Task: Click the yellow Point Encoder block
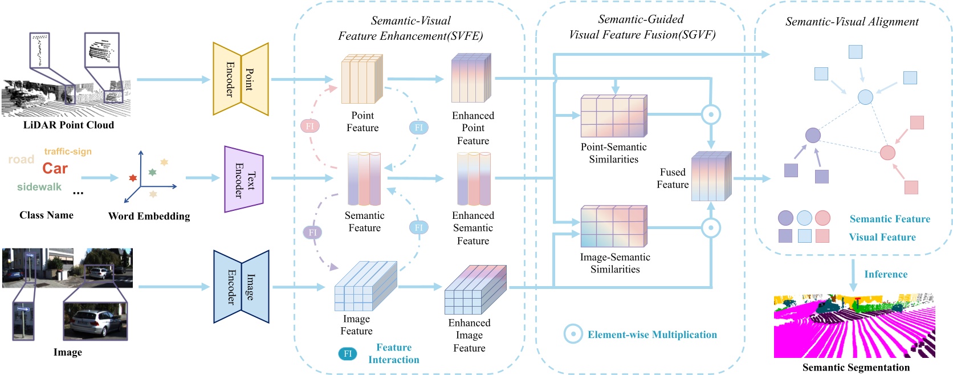click(x=241, y=79)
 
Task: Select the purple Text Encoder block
click(x=244, y=179)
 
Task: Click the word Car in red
click(x=55, y=169)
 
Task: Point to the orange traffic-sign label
click(x=68, y=152)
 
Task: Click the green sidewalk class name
click(x=39, y=187)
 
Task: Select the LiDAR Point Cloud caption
click(x=68, y=125)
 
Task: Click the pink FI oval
click(x=310, y=126)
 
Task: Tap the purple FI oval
click(x=312, y=233)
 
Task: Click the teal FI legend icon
click(x=348, y=354)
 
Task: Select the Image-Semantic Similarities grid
click(x=613, y=227)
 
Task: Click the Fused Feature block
click(x=711, y=176)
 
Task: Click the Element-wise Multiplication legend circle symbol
click(x=573, y=335)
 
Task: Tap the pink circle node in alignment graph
click(x=887, y=153)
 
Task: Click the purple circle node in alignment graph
click(x=813, y=136)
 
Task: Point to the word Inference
click(x=886, y=274)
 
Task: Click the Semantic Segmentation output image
click(x=854, y=326)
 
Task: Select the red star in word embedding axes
click(x=133, y=178)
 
